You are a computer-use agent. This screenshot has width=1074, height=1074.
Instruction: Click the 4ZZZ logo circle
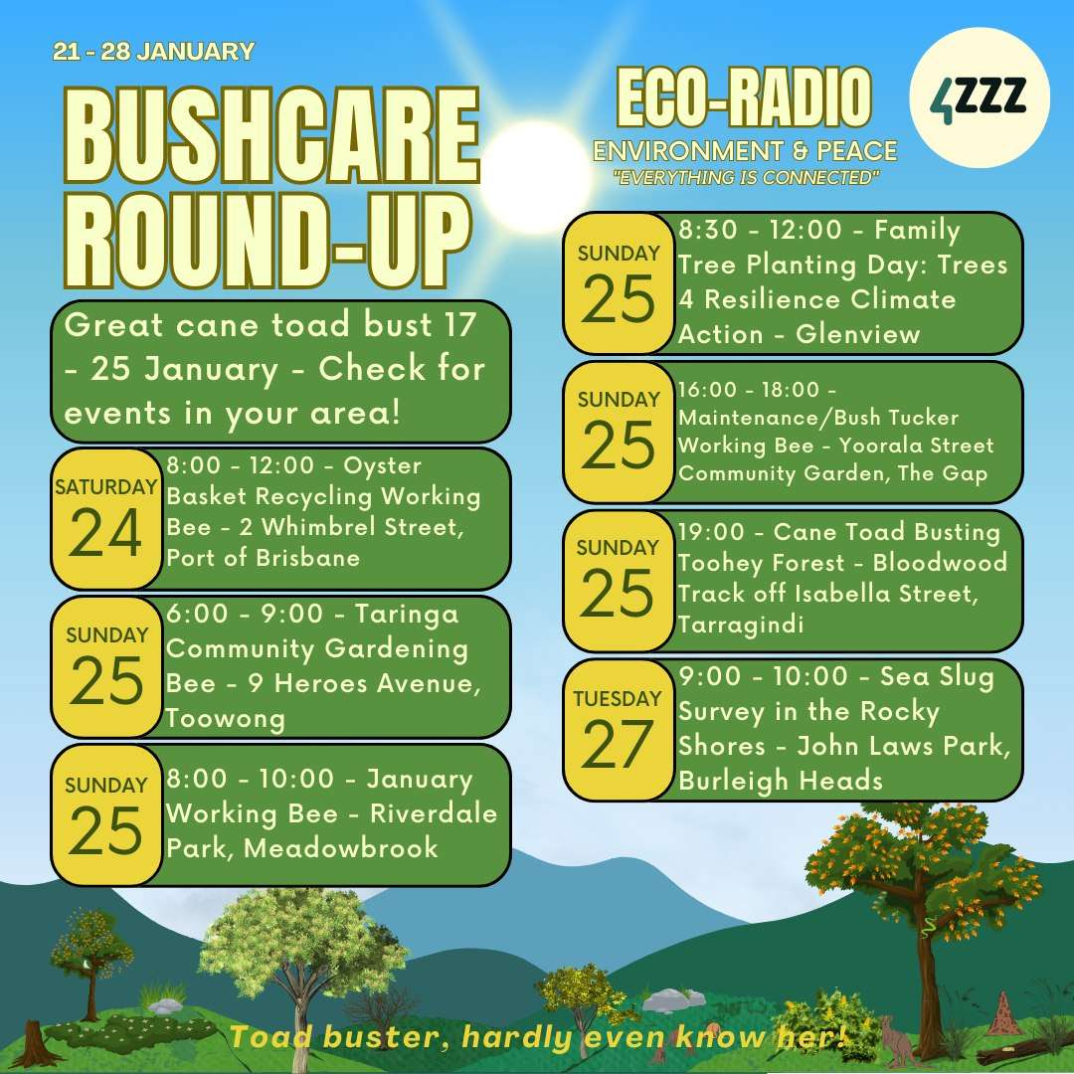click(x=979, y=97)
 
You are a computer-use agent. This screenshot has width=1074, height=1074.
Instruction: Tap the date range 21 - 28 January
click(x=153, y=52)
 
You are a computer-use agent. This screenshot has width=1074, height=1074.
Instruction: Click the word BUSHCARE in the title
click(x=271, y=135)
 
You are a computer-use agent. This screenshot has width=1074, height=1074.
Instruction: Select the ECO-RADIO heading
click(x=744, y=97)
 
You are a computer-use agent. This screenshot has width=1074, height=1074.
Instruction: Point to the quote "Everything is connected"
click(x=746, y=178)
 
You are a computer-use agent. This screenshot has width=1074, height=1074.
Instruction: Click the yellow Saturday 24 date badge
click(x=106, y=518)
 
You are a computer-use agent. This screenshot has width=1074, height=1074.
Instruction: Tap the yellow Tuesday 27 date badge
click(x=618, y=730)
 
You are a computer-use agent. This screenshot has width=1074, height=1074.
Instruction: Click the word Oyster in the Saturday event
click(x=382, y=466)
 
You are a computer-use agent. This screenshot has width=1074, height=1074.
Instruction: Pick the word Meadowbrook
click(x=341, y=848)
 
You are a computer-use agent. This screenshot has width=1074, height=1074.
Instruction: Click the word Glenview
click(x=857, y=334)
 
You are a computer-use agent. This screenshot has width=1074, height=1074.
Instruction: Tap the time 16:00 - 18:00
click(x=749, y=390)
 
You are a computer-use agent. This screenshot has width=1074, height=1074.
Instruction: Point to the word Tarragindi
click(x=741, y=625)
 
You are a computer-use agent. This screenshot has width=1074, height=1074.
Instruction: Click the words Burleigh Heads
click(x=781, y=781)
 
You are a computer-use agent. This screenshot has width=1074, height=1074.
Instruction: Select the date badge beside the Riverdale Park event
click(x=106, y=815)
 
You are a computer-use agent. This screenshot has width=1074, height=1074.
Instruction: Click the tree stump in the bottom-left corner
click(x=31, y=1043)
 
